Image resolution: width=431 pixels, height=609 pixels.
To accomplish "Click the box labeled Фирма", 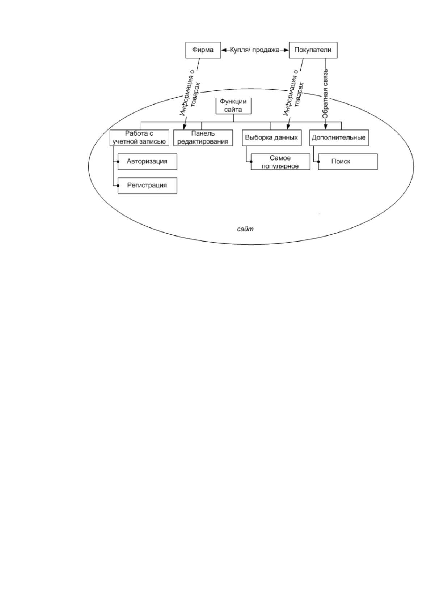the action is pos(203,50).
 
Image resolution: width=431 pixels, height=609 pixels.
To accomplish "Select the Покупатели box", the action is pos(313,50).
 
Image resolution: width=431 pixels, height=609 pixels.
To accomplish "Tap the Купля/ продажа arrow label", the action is pos(255,50).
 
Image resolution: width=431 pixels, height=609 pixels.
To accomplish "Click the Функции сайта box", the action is pos(233,106).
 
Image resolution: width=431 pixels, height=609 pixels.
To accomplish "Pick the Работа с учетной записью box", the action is pos(139,138).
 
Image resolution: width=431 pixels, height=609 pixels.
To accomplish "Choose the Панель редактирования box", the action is pos(203,138).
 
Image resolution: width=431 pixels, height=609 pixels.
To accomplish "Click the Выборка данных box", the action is pos(271,138).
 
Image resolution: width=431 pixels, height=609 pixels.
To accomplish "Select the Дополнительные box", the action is pos(339,138).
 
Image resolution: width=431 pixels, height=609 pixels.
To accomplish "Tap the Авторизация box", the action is pos(147,162).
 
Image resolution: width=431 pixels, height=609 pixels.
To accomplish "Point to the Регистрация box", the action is pos(147,186).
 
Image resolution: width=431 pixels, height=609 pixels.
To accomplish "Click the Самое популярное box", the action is pos(280,162).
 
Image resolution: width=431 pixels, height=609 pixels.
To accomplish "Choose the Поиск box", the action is pos(348,162).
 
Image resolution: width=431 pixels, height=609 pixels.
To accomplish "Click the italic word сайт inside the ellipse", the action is pos(245,229).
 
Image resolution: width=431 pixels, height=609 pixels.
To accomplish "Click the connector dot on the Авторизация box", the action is pos(118,162).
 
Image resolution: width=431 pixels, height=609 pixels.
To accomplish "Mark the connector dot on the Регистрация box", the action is pos(118,186).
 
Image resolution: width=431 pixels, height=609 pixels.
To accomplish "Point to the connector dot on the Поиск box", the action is pos(318,162).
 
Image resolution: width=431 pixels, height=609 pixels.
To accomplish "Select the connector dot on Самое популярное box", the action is pos(251,162).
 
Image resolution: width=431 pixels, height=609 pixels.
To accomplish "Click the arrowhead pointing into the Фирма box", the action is pos(224,50).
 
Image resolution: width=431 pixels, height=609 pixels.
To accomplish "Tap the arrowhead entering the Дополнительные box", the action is pos(325,127).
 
